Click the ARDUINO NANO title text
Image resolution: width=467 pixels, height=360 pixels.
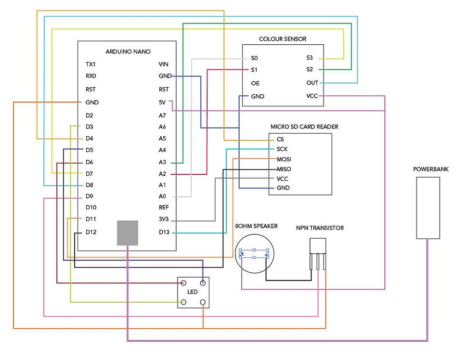click(128, 51)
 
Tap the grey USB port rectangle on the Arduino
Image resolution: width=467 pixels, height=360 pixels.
click(128, 233)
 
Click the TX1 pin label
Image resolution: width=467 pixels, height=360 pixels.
click(91, 64)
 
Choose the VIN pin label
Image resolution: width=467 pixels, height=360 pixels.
click(164, 64)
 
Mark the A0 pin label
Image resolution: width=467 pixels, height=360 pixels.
click(163, 196)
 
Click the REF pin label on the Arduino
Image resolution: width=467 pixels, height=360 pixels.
click(164, 208)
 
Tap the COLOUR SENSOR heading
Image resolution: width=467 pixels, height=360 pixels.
click(283, 39)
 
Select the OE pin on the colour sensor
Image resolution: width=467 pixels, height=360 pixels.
click(255, 83)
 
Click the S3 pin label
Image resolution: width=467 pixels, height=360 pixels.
click(310, 58)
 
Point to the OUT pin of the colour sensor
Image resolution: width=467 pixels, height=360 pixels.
click(312, 83)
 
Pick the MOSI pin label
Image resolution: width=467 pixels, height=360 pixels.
click(284, 159)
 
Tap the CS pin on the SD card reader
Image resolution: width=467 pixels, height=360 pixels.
click(280, 139)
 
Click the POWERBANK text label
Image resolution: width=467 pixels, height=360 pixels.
click(428, 169)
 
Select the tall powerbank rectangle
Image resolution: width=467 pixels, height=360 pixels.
click(428, 207)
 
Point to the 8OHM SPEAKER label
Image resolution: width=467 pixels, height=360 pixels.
click(256, 226)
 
